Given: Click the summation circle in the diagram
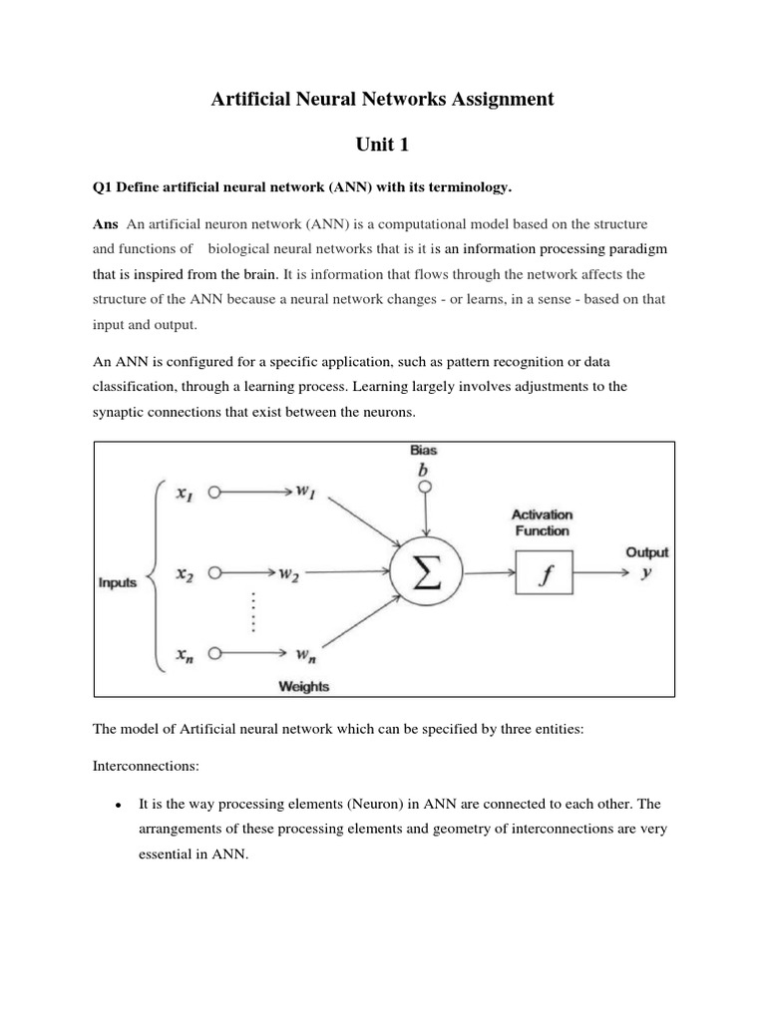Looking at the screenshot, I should pos(426,573).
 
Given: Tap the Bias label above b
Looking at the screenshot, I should pos(425,451).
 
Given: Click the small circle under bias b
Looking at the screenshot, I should pos(425,488).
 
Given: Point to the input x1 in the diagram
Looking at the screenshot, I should pos(184,494).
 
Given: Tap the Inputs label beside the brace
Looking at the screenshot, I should pos(118,583).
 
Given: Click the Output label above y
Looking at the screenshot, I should pos(646,551).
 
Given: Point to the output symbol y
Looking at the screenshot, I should pos(645,573).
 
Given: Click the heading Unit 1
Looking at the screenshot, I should pos(382,145).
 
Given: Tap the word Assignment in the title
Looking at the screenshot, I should pos(485,99).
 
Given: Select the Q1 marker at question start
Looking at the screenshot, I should pos(103,186).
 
